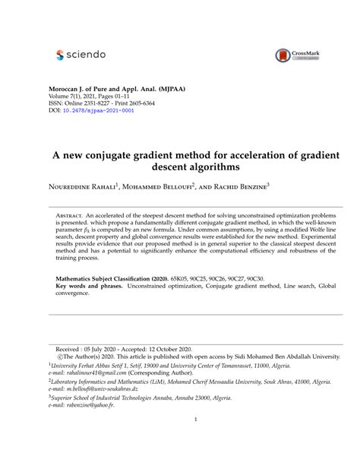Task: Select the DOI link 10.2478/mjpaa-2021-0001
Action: pyautogui.click(x=98, y=110)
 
